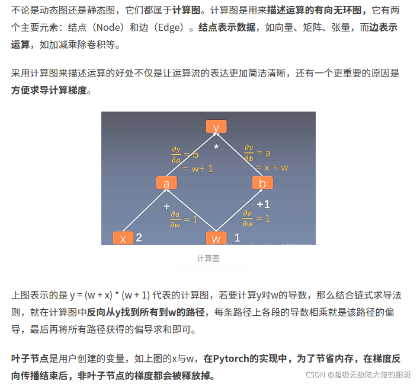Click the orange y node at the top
click(x=216, y=127)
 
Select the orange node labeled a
click(x=166, y=183)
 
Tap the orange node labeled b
click(x=262, y=183)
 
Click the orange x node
click(x=123, y=239)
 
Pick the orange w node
click(x=216, y=239)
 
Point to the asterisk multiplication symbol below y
click(x=216, y=147)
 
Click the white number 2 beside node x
click(x=139, y=238)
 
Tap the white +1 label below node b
click(x=263, y=204)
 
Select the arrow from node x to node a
click(x=145, y=211)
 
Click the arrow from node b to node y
click(x=240, y=155)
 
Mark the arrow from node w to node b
click(x=239, y=211)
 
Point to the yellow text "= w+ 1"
click(x=198, y=169)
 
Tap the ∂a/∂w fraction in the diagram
click(x=175, y=218)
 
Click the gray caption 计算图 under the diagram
click(x=209, y=258)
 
